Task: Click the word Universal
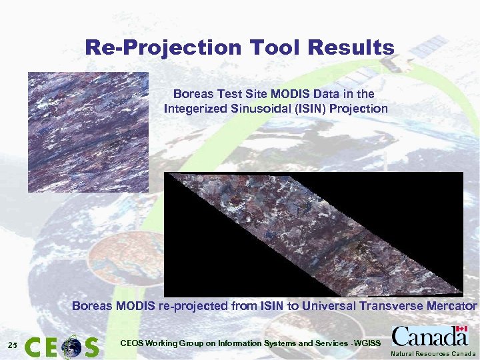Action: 326,306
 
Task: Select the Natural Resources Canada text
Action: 433,353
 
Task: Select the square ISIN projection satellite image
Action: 88,132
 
